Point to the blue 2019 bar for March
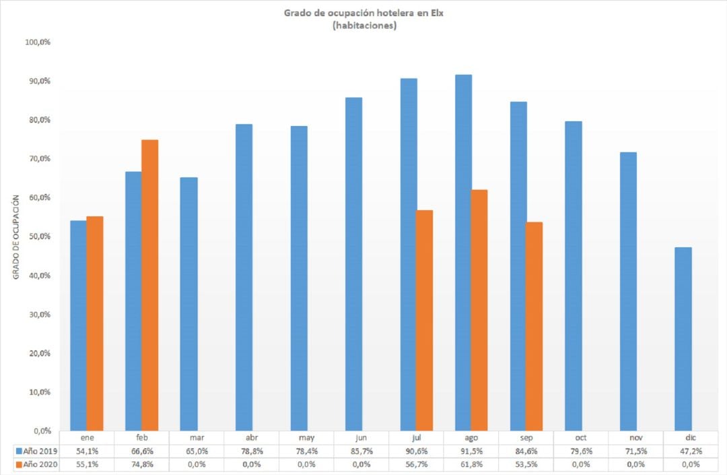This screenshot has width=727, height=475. click(x=188, y=304)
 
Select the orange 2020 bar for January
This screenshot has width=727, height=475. click(x=95, y=323)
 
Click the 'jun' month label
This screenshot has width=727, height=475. click(x=361, y=437)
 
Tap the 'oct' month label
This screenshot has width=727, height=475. click(x=581, y=437)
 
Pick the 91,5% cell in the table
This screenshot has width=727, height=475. click(x=471, y=451)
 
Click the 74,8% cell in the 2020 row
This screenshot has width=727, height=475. click(x=141, y=465)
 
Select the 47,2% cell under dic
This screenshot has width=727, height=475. click(x=691, y=451)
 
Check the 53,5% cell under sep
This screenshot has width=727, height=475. click(x=526, y=465)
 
